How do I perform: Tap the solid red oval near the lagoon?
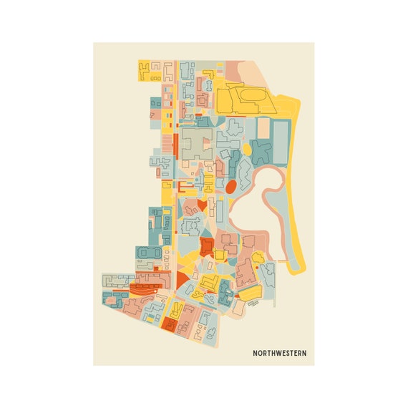click(x=231, y=187)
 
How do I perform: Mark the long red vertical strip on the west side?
click(x=174, y=146)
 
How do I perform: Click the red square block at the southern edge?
click(x=170, y=324)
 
